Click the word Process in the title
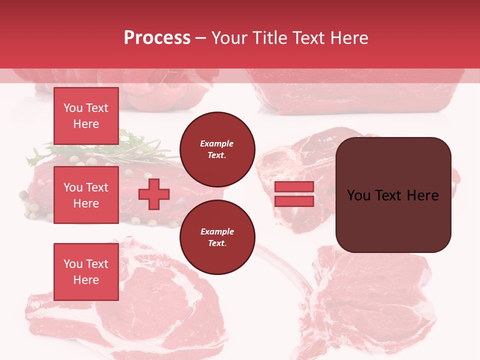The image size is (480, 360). click(157, 38)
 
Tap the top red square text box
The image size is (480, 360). click(86, 116)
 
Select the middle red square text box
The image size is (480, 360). click(86, 195)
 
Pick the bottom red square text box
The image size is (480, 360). click(86, 272)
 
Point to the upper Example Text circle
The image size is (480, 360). click(217, 149)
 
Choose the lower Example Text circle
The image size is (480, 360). click(217, 237)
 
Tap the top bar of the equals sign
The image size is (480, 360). click(294, 186)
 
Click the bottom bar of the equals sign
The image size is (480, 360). click(294, 201)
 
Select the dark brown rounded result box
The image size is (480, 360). click(393, 195)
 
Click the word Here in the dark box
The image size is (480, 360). click(422, 195)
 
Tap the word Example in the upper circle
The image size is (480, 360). click(217, 143)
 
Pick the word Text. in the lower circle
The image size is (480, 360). click(217, 243)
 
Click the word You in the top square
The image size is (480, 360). click(73, 108)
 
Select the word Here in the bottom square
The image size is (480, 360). click(86, 280)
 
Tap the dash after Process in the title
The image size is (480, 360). click(201, 38)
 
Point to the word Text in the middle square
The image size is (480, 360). click(96, 187)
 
